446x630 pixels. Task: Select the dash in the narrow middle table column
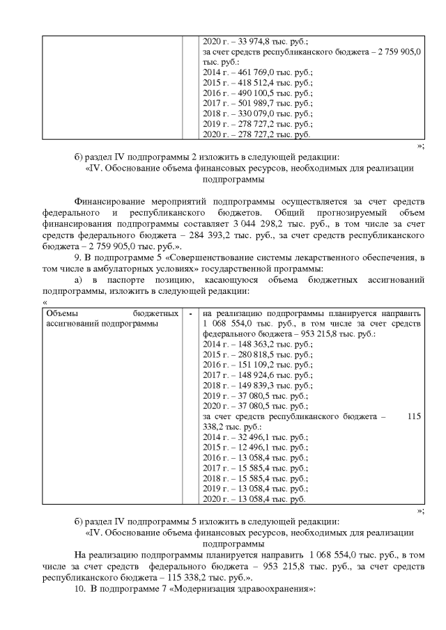(x=190, y=314)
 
